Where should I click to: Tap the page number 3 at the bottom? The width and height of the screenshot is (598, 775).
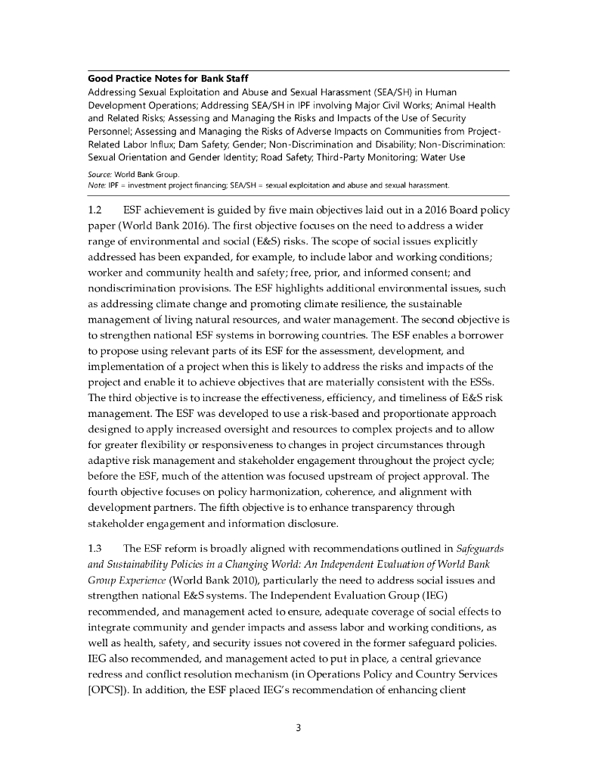[x=299, y=728]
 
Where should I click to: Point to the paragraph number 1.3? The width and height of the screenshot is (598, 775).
[x=97, y=547]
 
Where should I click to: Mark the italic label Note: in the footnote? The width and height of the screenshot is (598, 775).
[x=96, y=184]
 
